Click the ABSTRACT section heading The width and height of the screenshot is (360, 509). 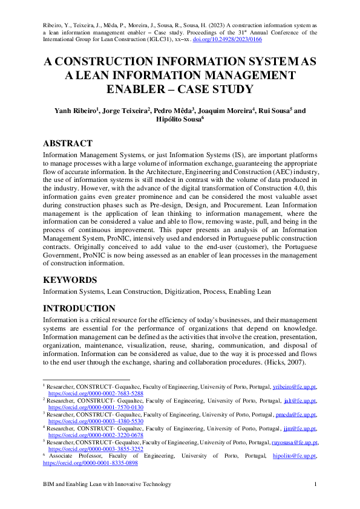67,143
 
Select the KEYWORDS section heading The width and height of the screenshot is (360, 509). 70,280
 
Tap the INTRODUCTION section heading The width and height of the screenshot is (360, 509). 79,308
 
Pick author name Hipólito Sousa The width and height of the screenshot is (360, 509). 180,120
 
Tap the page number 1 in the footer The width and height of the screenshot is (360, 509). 316,484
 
